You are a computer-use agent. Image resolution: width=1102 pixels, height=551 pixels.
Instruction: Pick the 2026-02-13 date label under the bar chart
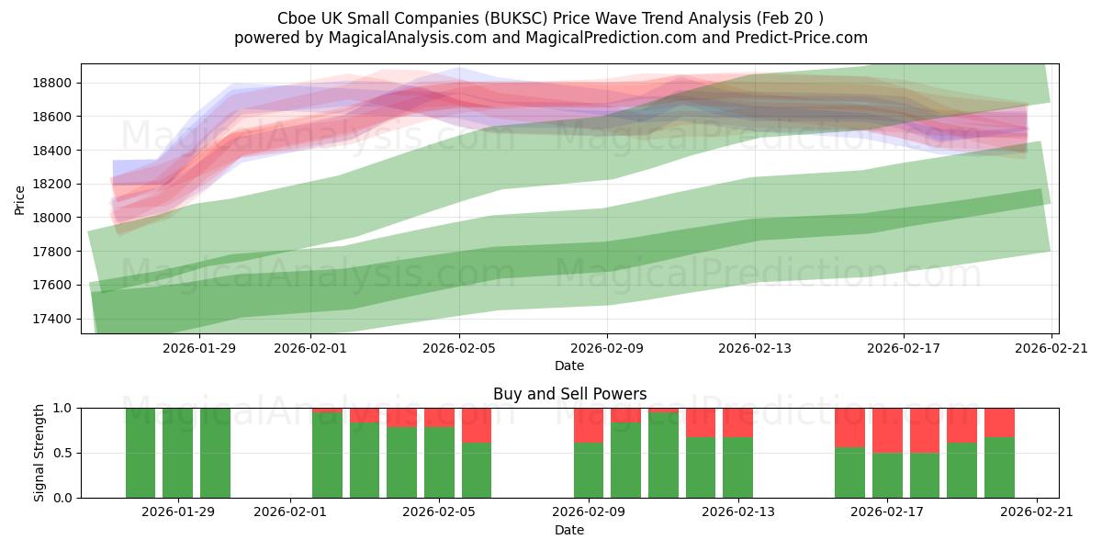coord(737,512)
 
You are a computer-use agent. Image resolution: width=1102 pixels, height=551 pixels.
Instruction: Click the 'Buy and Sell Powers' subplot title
coord(569,394)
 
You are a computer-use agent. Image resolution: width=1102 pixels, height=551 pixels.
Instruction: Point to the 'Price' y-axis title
coord(20,198)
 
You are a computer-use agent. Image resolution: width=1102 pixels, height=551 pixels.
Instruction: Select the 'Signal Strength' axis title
coord(39,453)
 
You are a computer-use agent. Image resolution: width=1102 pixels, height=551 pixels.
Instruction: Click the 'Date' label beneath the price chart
coord(569,365)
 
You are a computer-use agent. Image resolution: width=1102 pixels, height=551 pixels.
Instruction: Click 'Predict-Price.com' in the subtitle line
coord(805,38)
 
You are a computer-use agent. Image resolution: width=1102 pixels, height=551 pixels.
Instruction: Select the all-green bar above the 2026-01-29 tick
coord(177,453)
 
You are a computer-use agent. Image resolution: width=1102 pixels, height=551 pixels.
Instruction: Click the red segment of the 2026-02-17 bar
coord(887,430)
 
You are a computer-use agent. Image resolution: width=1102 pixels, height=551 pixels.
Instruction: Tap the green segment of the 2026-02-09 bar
coord(589,470)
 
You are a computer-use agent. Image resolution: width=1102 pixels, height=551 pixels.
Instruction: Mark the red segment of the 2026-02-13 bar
coord(737,422)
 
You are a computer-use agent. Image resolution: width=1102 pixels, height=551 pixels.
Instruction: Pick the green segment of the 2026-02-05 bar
coord(439,462)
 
